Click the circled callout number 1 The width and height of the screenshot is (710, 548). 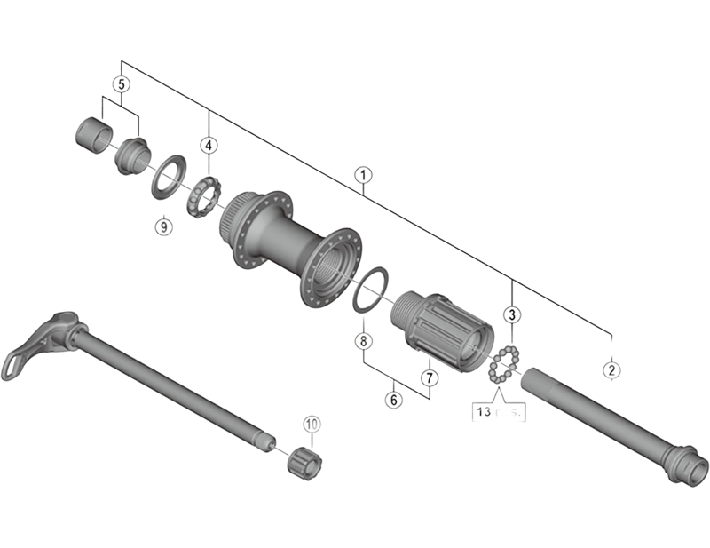[361, 175]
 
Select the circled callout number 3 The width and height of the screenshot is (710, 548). [512, 314]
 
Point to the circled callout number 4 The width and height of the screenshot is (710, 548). [208, 145]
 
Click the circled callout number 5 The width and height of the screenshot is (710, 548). [122, 84]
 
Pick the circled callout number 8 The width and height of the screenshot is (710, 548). [362, 341]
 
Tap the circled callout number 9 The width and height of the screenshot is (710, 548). [162, 226]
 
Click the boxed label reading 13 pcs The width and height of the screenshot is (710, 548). [497, 411]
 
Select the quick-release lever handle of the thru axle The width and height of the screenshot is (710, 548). [35, 343]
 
